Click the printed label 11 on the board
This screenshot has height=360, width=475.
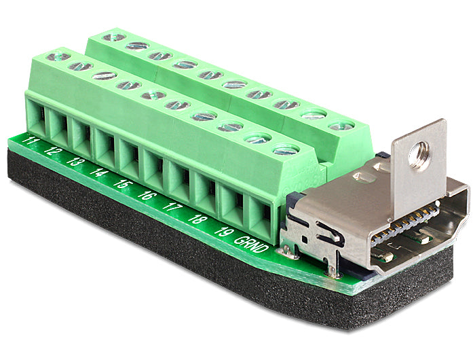(29, 141)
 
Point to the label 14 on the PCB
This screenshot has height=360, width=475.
(99, 173)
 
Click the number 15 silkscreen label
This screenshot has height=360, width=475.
(122, 183)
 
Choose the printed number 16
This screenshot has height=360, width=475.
(147, 195)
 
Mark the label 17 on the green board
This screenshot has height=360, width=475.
(172, 206)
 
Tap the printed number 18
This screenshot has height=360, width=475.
(197, 219)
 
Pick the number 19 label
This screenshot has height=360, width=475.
(221, 230)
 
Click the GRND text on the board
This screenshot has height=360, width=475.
(252, 244)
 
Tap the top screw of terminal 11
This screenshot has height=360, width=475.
(59, 58)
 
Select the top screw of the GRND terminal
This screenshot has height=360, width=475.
(286, 149)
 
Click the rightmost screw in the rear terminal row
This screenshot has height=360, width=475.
(341, 126)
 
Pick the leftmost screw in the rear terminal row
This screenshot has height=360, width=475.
(113, 36)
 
